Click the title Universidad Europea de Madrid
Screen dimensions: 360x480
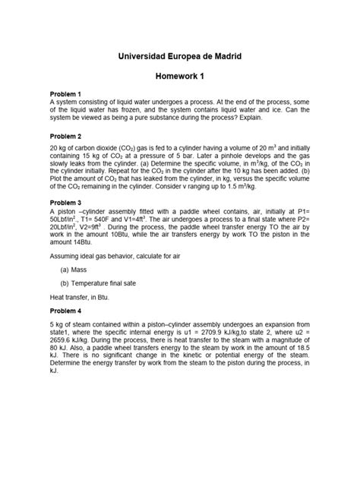pos(180,57)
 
